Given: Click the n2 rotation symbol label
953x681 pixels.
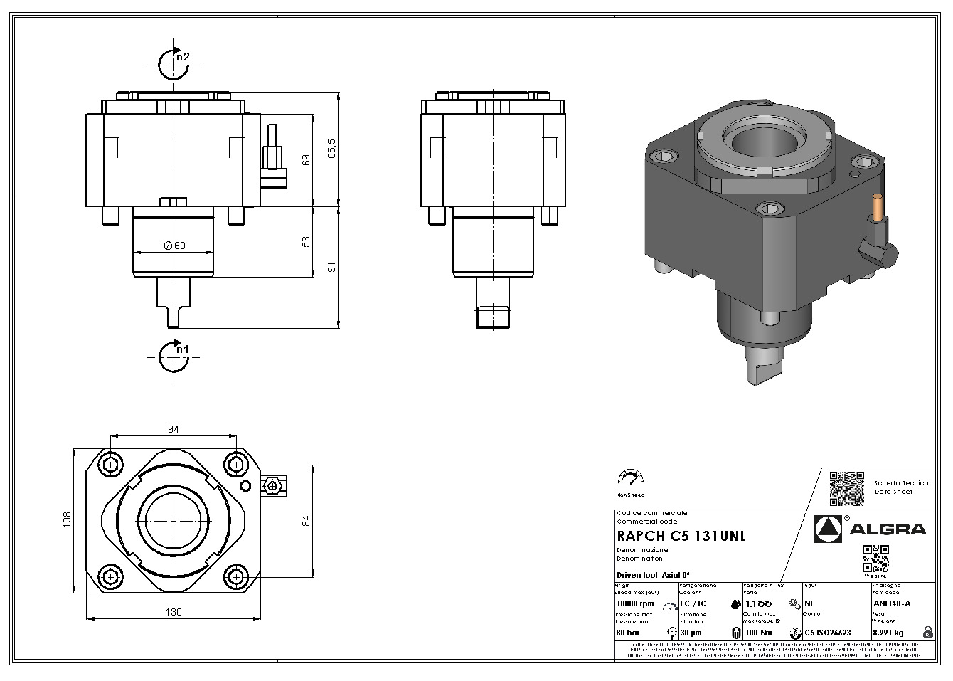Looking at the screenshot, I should coord(183,57).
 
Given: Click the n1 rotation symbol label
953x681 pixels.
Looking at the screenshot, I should coord(183,349).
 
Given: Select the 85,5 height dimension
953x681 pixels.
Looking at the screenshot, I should coord(331,150).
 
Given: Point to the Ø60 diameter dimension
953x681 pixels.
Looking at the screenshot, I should coord(174,246).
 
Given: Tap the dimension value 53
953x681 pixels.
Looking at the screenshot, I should coord(307,242).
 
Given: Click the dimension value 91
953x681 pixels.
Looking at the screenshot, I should coord(331,268).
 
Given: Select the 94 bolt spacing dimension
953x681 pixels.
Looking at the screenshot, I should coord(173,428).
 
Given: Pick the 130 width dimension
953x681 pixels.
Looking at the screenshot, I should coord(174,612).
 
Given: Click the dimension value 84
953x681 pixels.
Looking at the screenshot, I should coord(307,520).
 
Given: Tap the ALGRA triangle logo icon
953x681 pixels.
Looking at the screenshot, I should coord(828,528).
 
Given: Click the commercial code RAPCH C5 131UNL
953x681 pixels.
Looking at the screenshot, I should coord(681,537).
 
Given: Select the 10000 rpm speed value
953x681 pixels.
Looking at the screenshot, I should coord(635,604).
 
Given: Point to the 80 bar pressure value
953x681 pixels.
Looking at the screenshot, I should coord(628,632).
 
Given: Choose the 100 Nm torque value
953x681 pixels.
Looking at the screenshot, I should coord(759,632).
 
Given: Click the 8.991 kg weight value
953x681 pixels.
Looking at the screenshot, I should coord(888,632).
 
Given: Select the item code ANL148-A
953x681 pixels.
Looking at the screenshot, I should coord(891,604).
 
